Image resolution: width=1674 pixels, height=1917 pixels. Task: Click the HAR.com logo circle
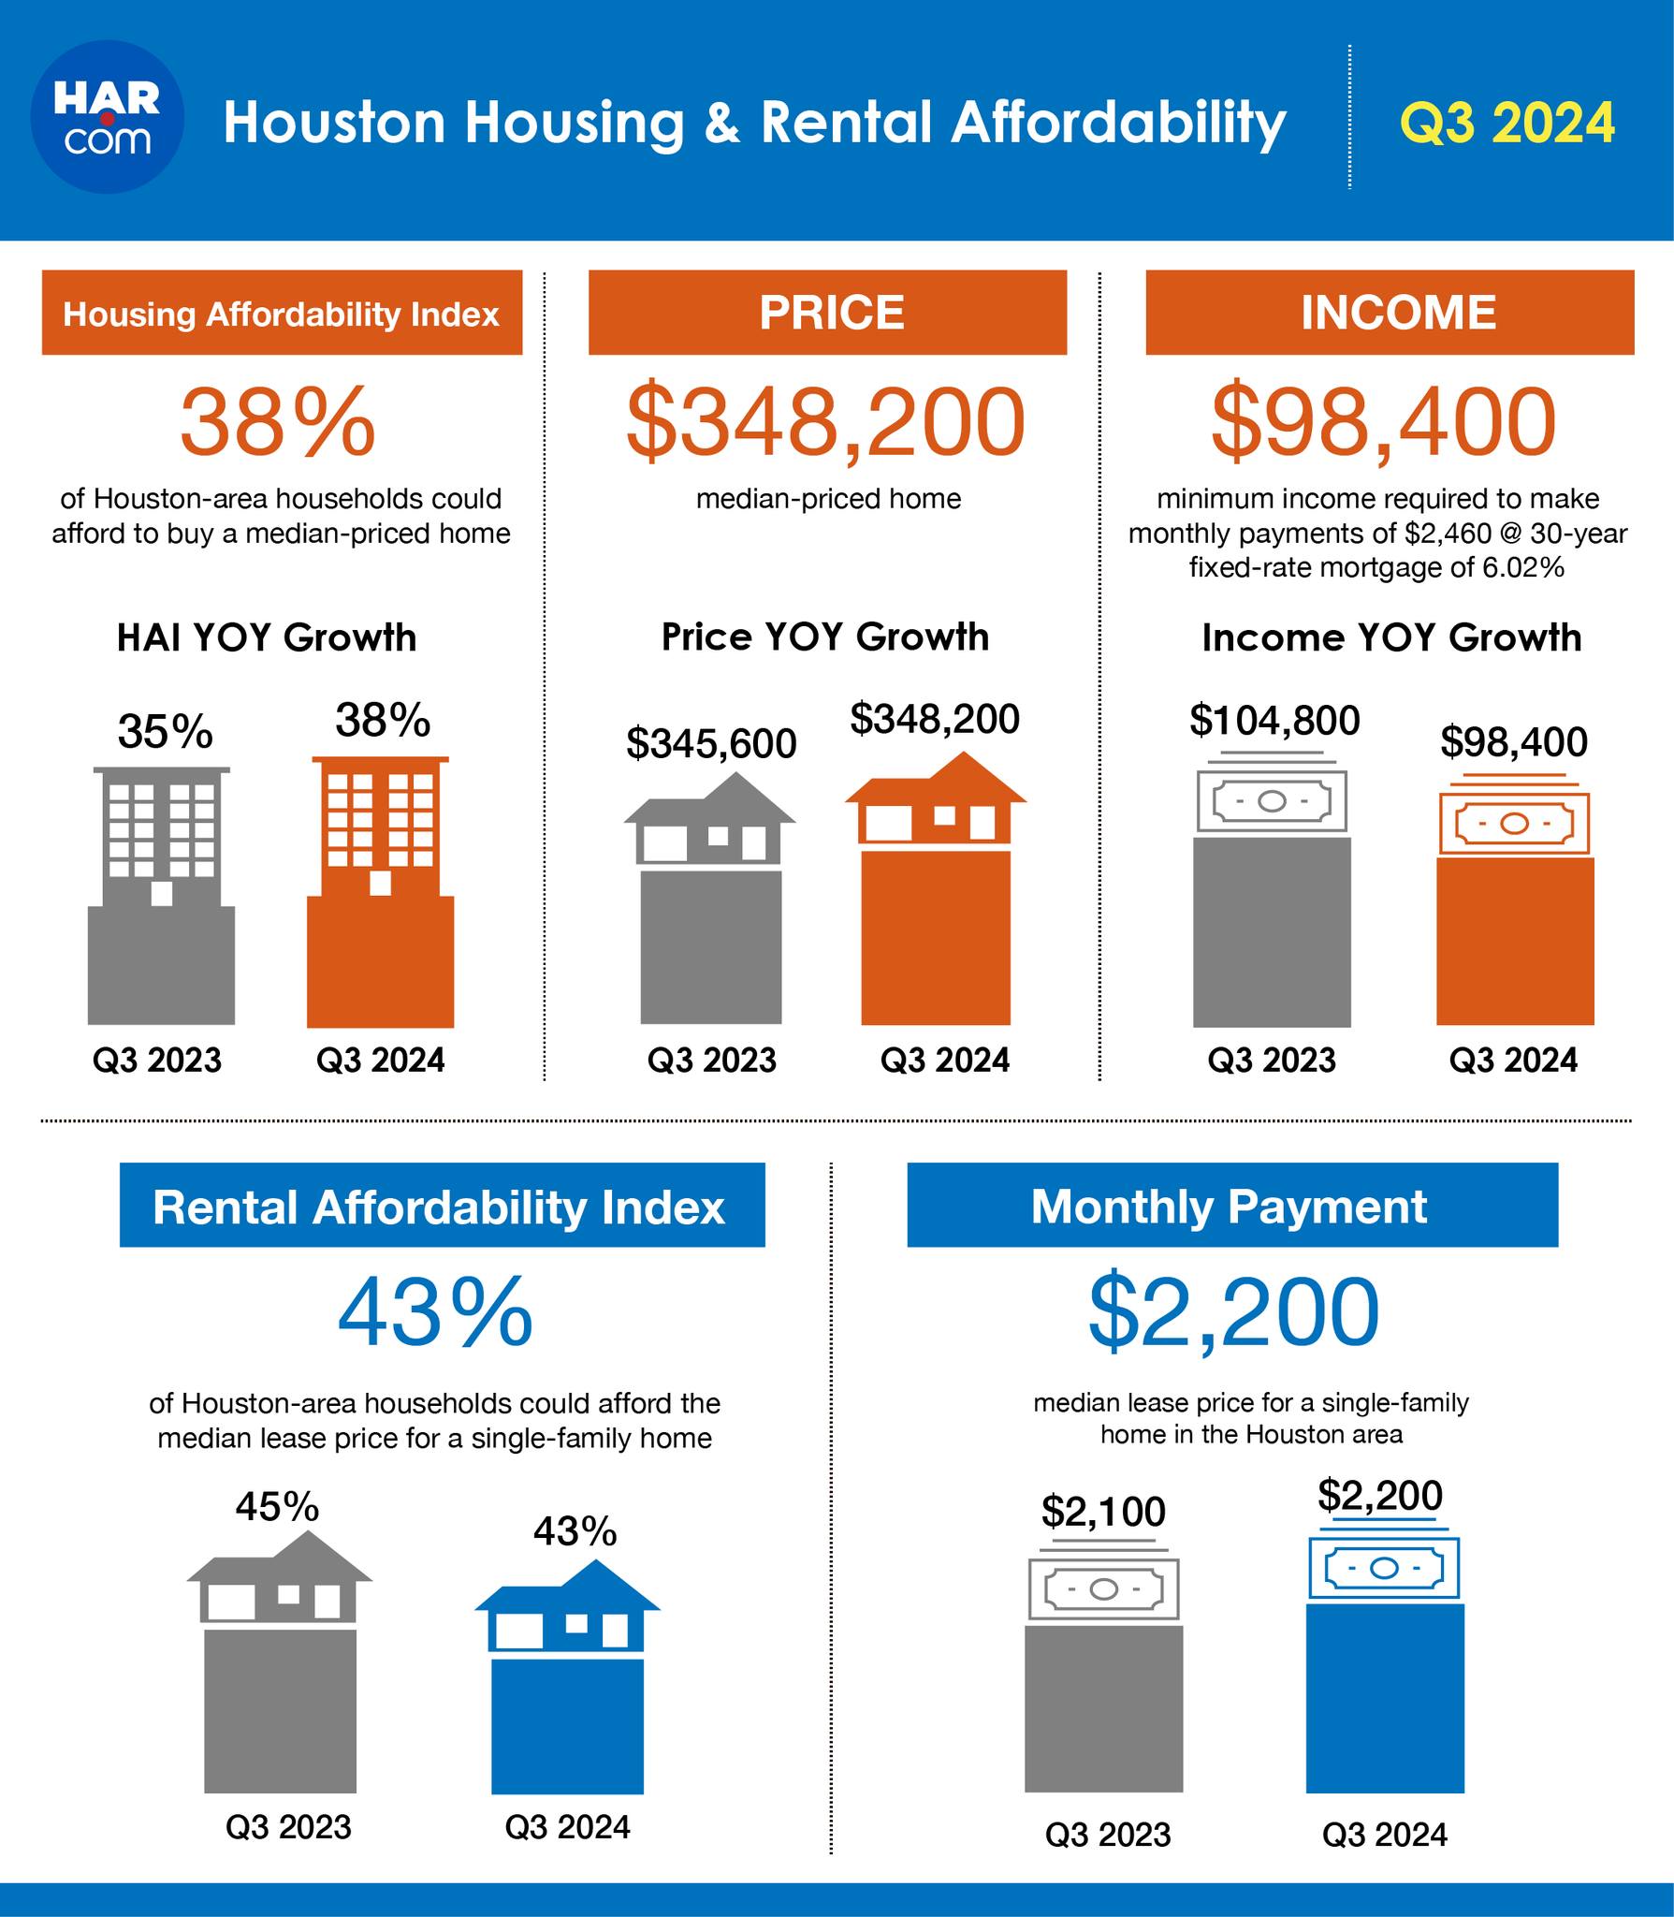[x=108, y=117]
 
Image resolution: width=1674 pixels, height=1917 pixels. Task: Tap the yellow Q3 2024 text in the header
[x=1507, y=123]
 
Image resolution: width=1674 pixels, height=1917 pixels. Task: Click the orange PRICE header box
[x=827, y=313]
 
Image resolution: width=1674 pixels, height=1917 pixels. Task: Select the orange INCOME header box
[x=1390, y=313]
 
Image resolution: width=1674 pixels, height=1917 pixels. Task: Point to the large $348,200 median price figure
[x=825, y=422]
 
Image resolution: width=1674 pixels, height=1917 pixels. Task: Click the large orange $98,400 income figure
[x=1383, y=422]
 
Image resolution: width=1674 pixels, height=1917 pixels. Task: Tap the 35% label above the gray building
[x=165, y=731]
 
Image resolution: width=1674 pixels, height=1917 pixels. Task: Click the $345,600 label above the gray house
[x=711, y=743]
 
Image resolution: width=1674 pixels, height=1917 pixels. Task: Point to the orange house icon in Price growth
[x=936, y=798]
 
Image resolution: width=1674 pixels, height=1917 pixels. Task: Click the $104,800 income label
[x=1274, y=720]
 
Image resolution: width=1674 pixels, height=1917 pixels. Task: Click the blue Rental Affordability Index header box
[x=443, y=1205]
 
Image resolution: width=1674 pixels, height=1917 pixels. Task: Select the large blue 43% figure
[x=435, y=1313]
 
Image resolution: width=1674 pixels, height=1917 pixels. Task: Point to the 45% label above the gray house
[x=277, y=1506]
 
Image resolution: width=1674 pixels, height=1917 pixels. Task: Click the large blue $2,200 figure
[x=1233, y=1312]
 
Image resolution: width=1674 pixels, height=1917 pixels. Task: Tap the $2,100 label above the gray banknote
[x=1103, y=1512]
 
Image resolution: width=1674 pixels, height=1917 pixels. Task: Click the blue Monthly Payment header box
[x=1232, y=1205]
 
